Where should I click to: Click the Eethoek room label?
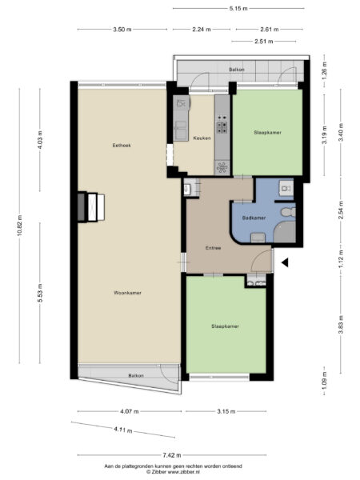(122, 146)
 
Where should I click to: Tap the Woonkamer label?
(127, 293)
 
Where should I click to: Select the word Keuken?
(202, 138)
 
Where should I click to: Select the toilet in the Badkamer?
(287, 213)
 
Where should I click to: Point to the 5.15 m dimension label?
(238, 9)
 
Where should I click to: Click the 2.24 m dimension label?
(202, 29)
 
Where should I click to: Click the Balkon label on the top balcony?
(237, 69)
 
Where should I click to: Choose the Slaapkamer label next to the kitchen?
(267, 132)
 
